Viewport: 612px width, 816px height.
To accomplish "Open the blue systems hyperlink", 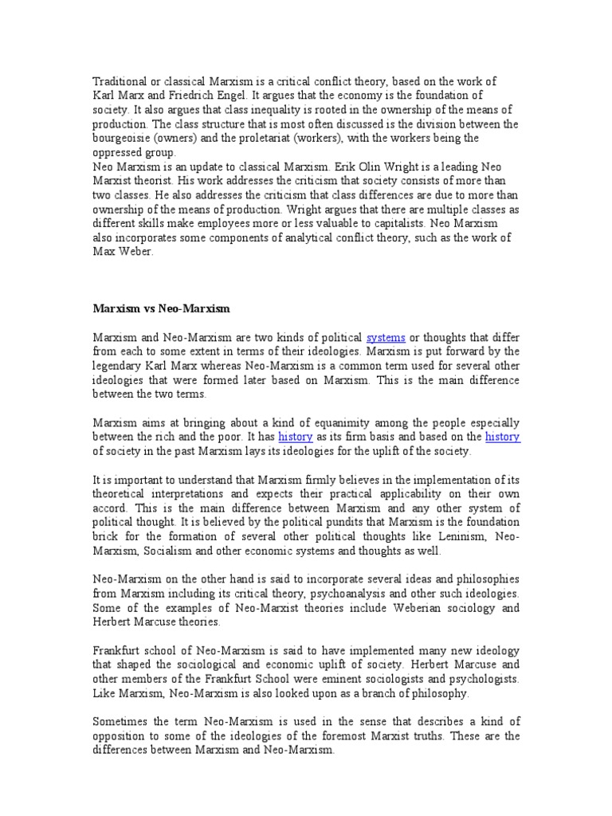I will [x=385, y=338].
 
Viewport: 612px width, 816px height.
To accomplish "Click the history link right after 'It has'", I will [x=295, y=437].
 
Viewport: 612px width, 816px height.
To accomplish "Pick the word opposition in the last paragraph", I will [x=124, y=736].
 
